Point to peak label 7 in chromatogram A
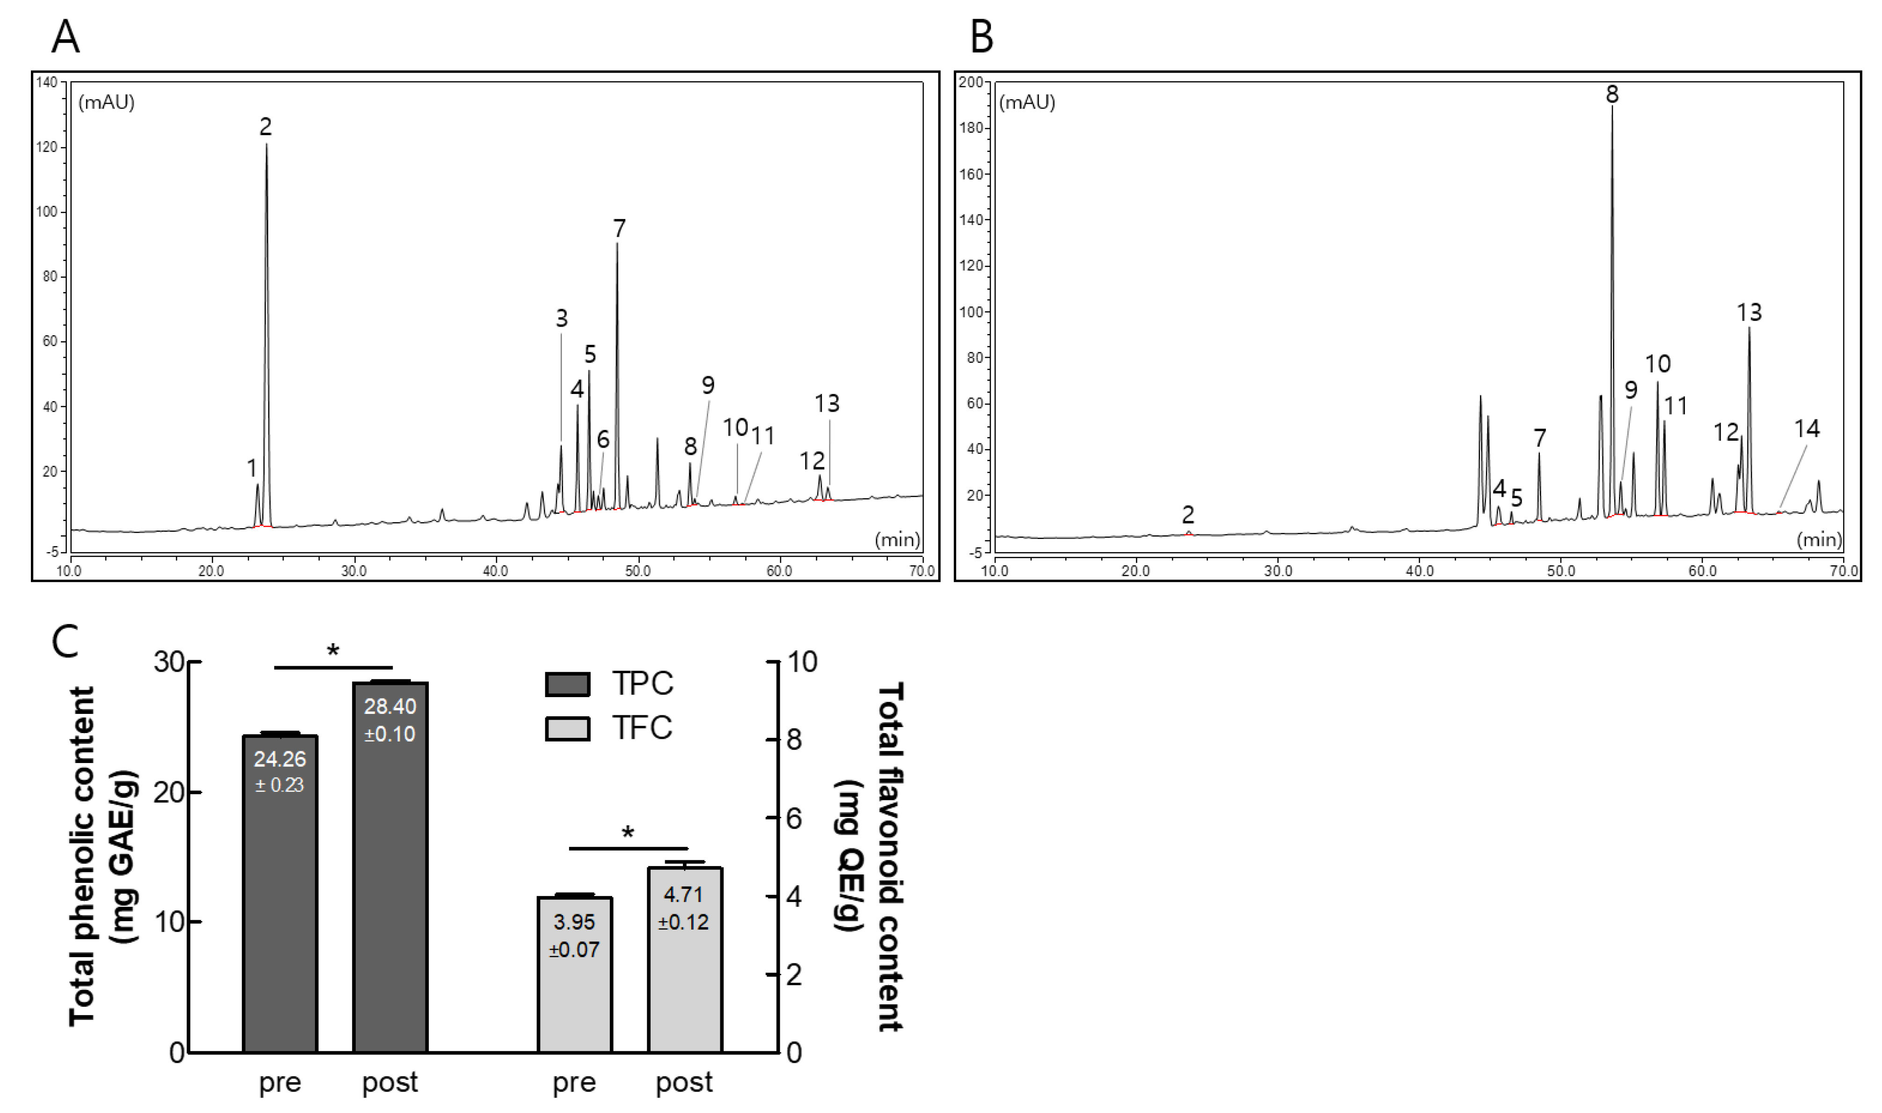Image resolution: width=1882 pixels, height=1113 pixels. pyautogui.click(x=619, y=228)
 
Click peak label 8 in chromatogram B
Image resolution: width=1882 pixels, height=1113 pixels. pyautogui.click(x=1612, y=95)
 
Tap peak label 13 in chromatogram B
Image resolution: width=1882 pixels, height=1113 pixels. pyautogui.click(x=1749, y=312)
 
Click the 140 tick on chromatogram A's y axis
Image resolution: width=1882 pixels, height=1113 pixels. pyautogui.click(x=46, y=82)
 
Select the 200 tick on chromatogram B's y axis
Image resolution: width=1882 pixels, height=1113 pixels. pyautogui.click(x=971, y=82)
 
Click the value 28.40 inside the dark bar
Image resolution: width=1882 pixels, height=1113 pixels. pyautogui.click(x=390, y=706)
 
